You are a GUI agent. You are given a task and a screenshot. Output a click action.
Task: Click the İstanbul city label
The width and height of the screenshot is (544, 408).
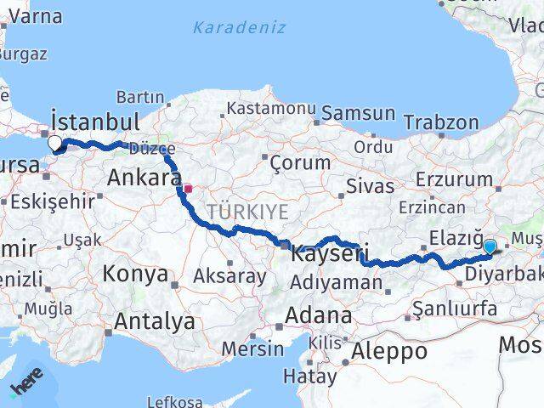(x=95, y=120)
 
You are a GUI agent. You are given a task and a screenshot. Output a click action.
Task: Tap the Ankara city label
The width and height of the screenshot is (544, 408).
(x=143, y=178)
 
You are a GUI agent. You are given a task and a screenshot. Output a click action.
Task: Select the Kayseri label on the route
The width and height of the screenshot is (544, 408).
(x=330, y=253)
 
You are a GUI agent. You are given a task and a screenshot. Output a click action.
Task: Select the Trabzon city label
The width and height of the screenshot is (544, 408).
(x=442, y=122)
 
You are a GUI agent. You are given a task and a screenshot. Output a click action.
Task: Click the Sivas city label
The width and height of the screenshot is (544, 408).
(x=371, y=186)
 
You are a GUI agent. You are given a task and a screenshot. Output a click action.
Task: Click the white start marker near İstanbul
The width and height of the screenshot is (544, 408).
(x=55, y=143)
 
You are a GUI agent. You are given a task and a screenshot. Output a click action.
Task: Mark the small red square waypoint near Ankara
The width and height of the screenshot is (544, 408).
(x=188, y=189)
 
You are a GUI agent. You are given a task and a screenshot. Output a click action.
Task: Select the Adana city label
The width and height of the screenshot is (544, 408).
(x=318, y=315)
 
